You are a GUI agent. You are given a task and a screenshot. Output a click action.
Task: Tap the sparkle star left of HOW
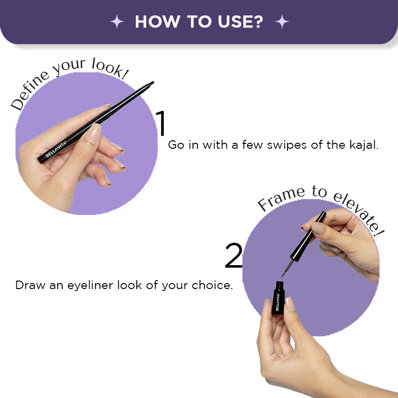coord(117,21)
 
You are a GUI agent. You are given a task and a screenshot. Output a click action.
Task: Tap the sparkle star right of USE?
coord(282,21)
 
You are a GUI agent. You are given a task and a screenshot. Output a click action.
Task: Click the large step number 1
coord(161,123)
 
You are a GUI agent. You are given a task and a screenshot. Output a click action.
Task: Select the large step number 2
coord(234,255)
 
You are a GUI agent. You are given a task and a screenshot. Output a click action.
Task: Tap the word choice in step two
coord(212,285)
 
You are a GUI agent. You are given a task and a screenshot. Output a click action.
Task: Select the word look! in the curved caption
coord(110,68)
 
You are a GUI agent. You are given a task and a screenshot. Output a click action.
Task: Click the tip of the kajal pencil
coord(152,83)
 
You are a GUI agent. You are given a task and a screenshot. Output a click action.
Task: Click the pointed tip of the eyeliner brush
coord(282,276)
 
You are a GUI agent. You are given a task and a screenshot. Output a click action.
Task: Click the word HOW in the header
coord(157,21)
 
